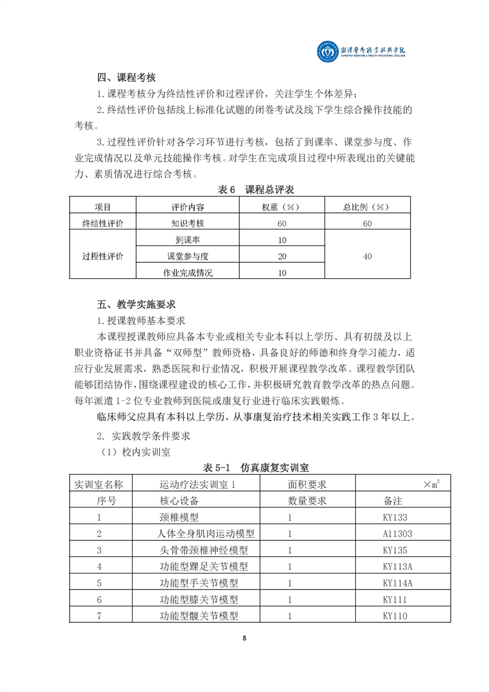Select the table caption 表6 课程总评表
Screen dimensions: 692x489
(244, 189)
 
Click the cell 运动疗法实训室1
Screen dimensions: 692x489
(198, 485)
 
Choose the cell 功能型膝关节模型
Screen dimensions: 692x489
(199, 599)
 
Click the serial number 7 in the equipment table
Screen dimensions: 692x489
(99, 616)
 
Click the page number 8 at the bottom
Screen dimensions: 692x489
(245, 639)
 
